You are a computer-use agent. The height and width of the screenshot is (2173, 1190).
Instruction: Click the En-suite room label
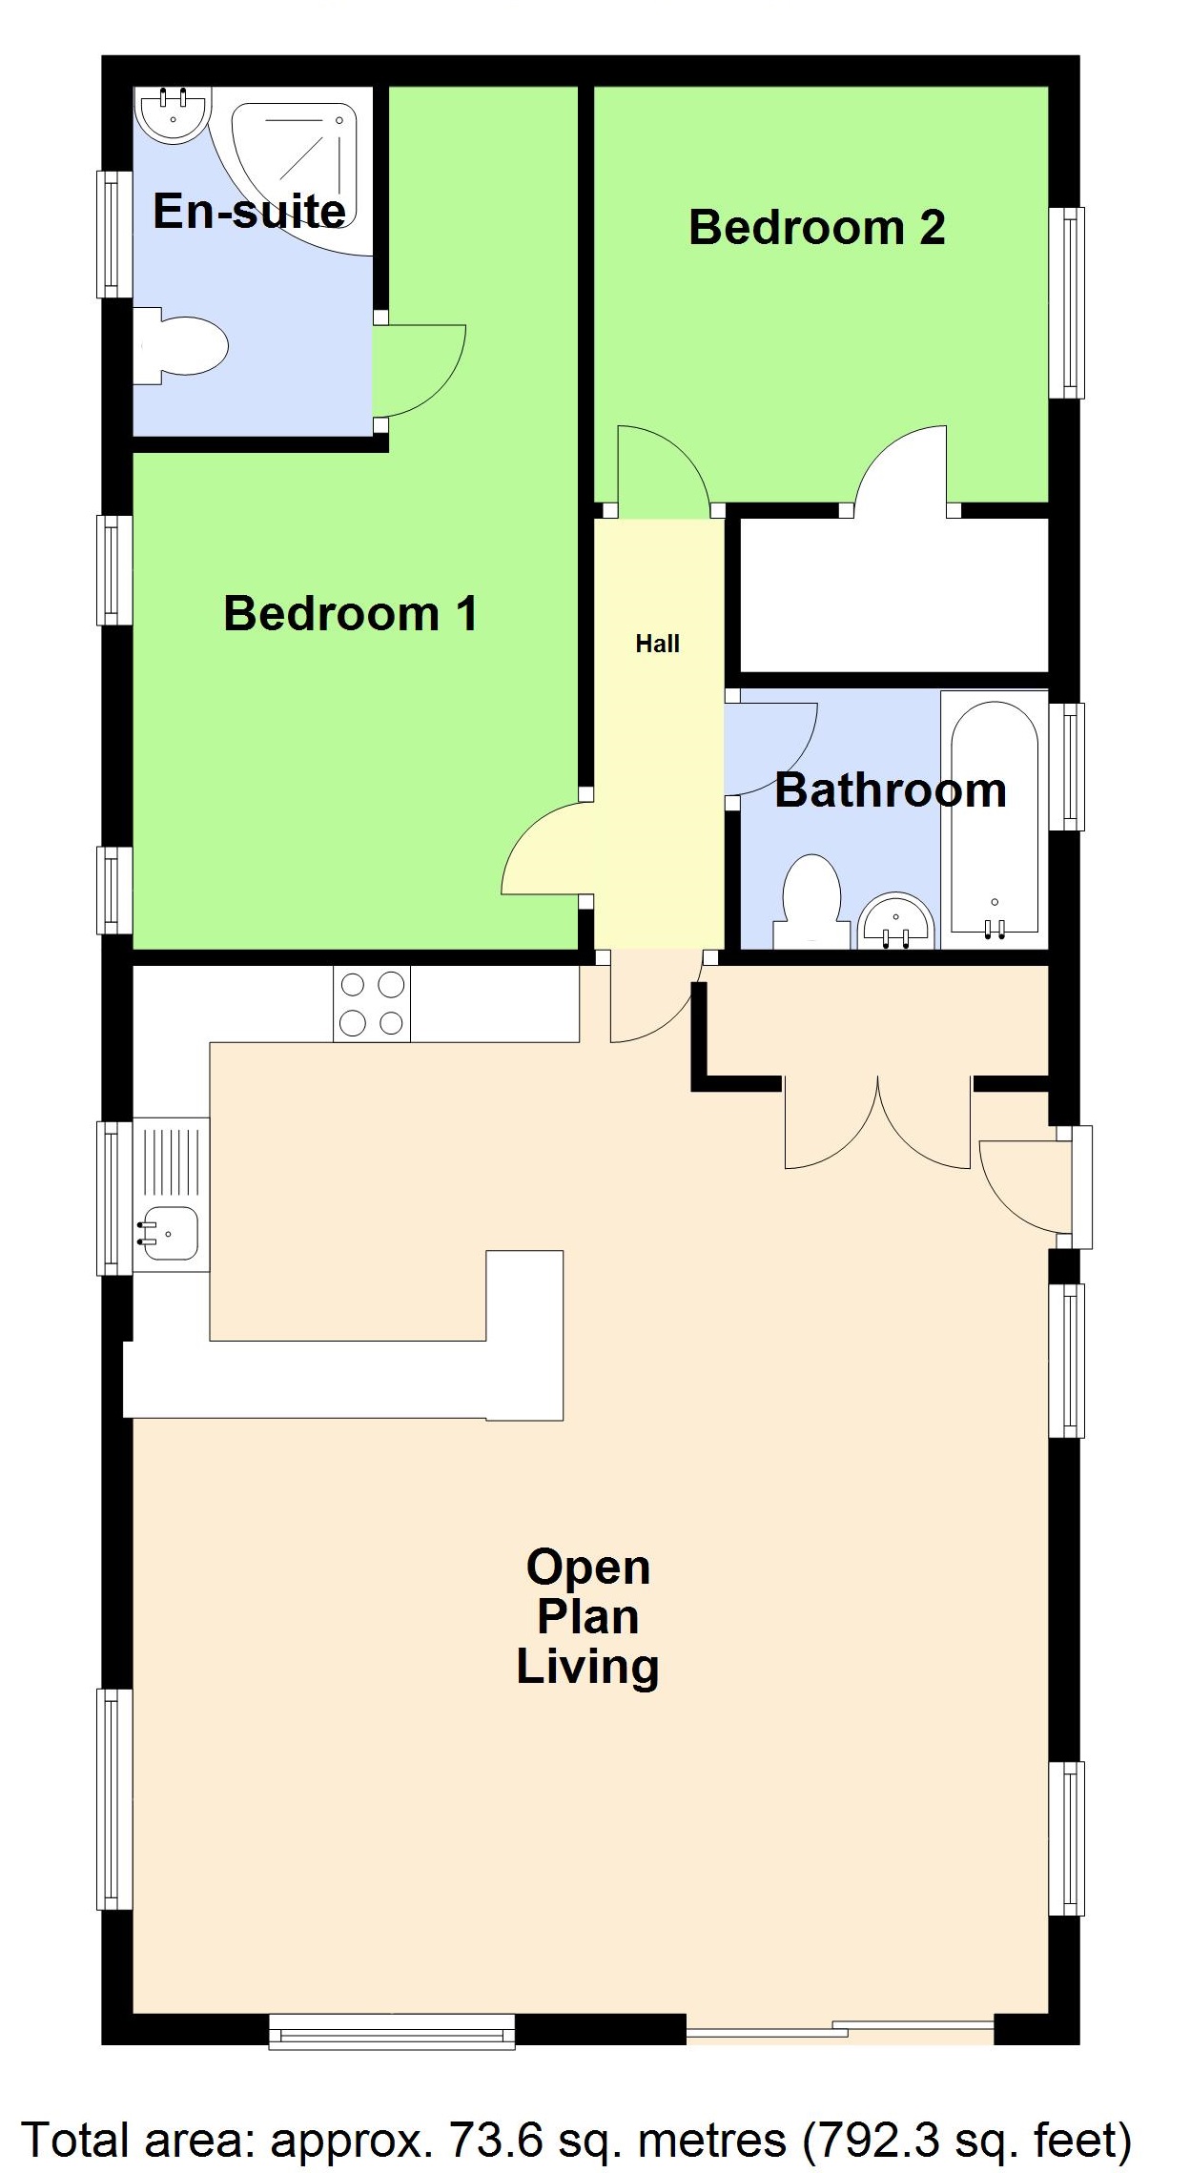pos(249,211)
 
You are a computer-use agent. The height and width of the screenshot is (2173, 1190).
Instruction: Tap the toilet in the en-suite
pos(186,346)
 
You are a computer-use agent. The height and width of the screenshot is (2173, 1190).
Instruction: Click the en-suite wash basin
pos(173,114)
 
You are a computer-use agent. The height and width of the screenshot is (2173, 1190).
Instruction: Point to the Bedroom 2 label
pos(816,227)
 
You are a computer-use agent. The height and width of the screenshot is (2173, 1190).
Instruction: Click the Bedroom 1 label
pos(350,613)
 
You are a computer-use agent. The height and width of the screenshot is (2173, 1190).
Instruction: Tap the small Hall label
pos(657,645)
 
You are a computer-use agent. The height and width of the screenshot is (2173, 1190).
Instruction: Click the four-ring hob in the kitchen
pos(372,1003)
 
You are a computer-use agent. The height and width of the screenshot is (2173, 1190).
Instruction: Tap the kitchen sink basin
pos(170,1232)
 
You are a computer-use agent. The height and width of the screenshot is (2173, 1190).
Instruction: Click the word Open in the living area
pos(588,1567)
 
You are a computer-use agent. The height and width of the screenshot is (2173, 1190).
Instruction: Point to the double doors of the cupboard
pos(877,1125)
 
